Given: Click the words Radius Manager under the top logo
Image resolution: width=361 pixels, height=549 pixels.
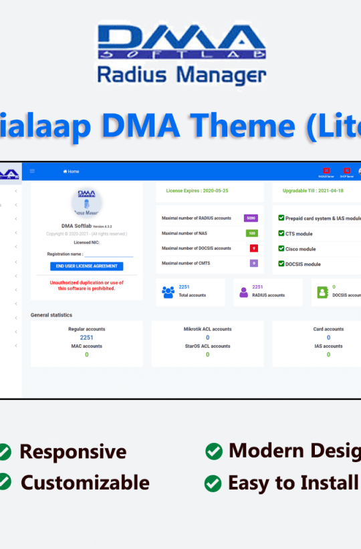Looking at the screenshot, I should click(181, 74).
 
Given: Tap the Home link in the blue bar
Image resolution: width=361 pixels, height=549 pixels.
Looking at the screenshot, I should click(71, 172).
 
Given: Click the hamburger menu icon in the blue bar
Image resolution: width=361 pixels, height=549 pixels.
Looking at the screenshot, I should click(32, 171).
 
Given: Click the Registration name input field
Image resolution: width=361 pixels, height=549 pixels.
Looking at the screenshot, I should click(108, 254).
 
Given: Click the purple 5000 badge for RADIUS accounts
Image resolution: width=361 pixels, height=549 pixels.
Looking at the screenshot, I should click(251, 218).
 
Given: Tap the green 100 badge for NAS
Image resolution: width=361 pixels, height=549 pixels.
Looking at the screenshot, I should click(251, 233).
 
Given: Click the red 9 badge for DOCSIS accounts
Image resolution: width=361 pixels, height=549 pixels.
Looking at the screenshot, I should click(253, 248).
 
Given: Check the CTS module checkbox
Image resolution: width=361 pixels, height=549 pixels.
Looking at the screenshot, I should click(280, 233).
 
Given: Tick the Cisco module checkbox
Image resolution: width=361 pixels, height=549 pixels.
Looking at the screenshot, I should click(280, 248).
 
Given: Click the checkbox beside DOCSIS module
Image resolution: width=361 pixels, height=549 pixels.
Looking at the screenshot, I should click(280, 264).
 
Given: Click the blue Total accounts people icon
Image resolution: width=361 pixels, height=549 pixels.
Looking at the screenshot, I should click(168, 292).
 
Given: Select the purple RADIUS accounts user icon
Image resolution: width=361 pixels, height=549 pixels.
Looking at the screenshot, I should click(243, 292).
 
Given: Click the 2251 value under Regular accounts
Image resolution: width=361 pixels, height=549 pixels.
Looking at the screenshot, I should click(86, 337).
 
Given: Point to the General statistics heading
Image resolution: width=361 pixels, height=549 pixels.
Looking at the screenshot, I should click(51, 315).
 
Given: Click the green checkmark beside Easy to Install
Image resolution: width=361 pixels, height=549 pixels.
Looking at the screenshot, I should click(213, 483).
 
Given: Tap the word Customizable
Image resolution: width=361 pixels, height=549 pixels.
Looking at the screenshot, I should click(85, 482).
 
